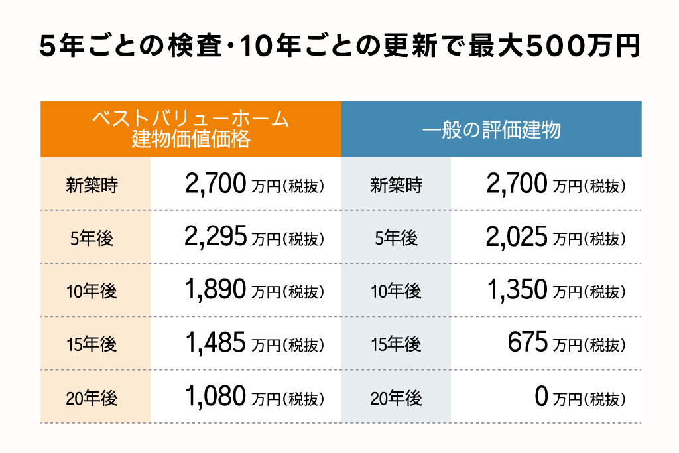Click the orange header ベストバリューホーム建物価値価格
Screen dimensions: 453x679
click(191, 129)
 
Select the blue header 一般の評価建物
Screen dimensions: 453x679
click(491, 129)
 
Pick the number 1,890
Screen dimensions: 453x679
click(216, 290)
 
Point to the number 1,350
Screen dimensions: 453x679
click(517, 290)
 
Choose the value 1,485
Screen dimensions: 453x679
click(216, 343)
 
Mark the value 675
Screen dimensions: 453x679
click(528, 343)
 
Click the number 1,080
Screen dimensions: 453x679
click(216, 397)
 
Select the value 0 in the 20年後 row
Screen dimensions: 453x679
click(541, 397)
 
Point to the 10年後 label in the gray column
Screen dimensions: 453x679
click(397, 291)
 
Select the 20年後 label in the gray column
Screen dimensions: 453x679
click(397, 399)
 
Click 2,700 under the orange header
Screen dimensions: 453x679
click(216, 184)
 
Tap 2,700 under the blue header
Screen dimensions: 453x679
click(517, 184)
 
